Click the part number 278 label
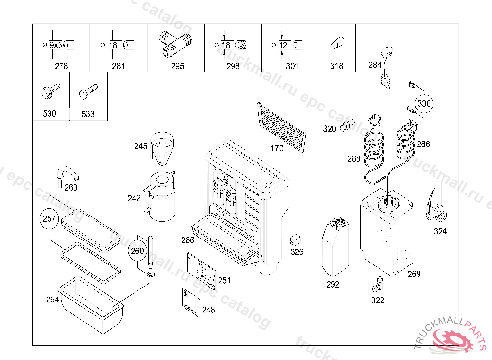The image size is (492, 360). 61,66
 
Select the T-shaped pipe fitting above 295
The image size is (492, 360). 175,43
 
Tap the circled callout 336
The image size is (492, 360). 424,104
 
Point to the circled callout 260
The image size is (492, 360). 137,251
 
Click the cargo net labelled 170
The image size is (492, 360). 282,126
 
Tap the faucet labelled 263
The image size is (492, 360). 65,174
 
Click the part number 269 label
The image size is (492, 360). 414,274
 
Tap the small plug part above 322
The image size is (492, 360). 378,284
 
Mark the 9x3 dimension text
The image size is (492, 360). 56,45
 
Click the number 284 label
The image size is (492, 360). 375,65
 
